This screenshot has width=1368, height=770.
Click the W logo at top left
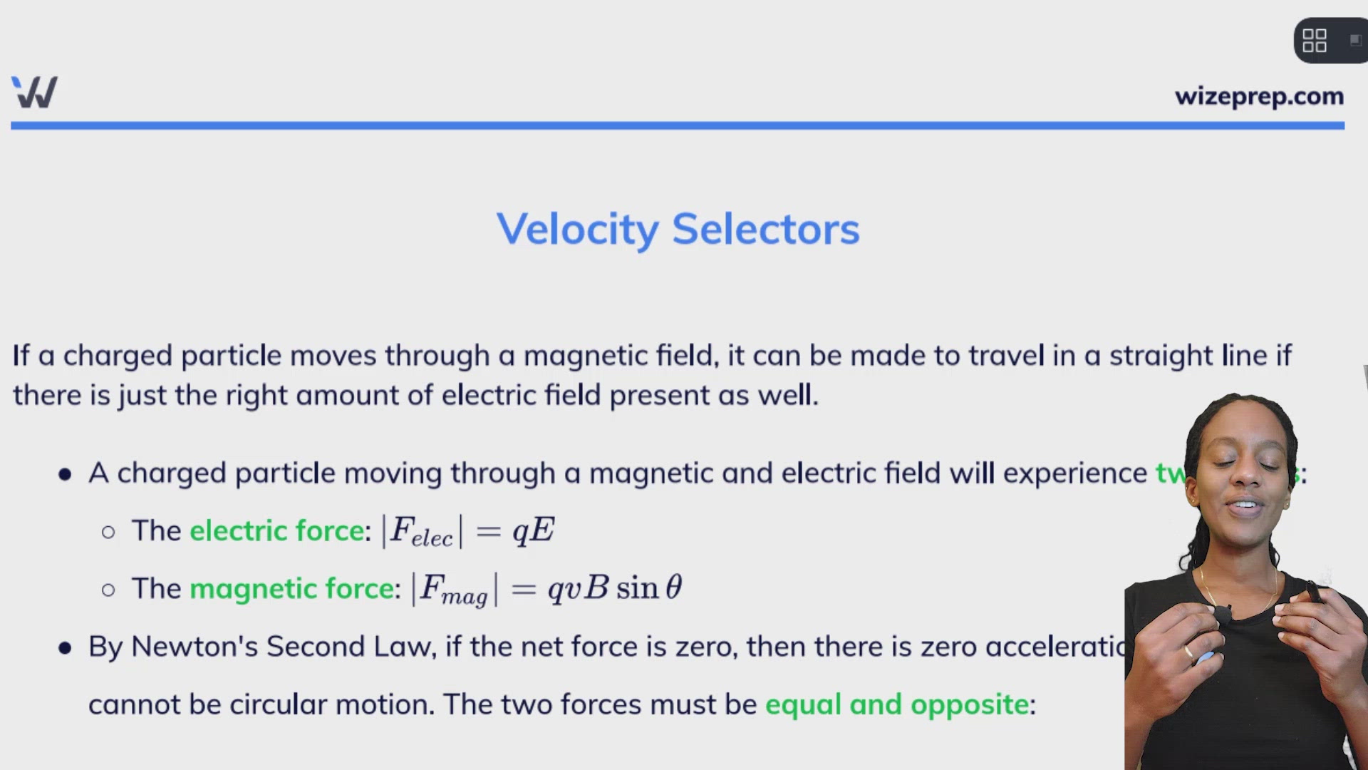coord(34,92)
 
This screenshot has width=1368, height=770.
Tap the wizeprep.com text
coord(1259,96)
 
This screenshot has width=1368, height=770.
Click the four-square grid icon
coord(1314,41)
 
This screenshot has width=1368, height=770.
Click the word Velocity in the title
coord(578,230)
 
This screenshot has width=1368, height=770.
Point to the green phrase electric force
coord(276,531)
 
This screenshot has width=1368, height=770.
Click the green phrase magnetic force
coord(291,589)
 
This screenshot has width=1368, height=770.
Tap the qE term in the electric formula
coord(533,530)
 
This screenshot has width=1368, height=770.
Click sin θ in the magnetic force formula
coord(648,588)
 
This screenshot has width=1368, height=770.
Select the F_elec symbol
coord(420,532)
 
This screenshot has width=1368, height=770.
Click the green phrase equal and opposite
coord(896,704)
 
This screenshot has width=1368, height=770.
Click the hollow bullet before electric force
coord(108,532)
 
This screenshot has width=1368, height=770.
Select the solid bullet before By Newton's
coord(65,647)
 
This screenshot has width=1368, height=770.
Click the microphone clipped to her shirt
coord(1223,613)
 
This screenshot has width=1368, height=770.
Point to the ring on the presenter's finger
coord(1188,651)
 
